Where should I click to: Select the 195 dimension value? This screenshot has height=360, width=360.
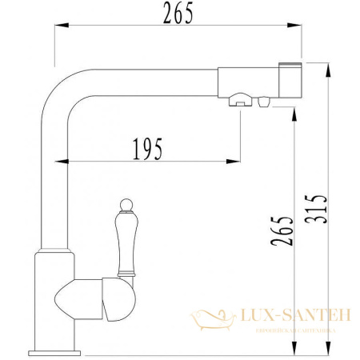(148, 148)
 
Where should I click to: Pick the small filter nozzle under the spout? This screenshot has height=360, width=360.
(262, 101)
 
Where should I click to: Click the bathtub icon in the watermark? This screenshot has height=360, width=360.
(212, 320)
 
